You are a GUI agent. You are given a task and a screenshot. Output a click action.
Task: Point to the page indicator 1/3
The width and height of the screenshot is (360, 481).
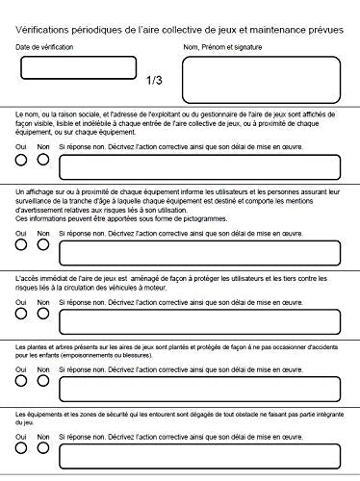coord(154,81)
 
